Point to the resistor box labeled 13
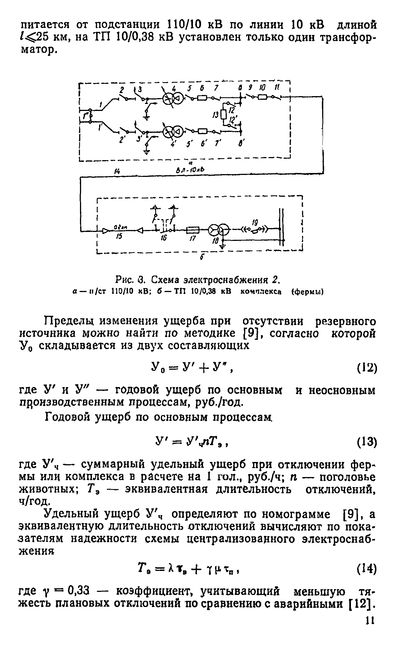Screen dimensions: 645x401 pyautogui.click(x=223, y=114)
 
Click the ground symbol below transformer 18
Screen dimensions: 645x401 pyautogui.click(x=223, y=247)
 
